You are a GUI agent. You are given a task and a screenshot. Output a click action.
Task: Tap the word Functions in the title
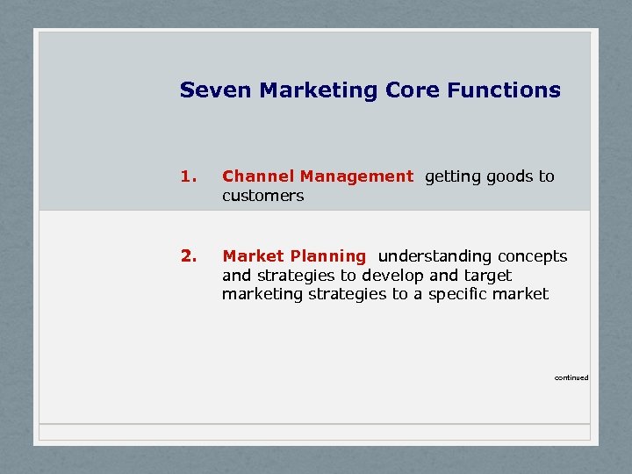(503, 90)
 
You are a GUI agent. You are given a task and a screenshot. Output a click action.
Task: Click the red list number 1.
(186, 176)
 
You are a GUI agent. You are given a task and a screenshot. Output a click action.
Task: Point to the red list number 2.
(187, 256)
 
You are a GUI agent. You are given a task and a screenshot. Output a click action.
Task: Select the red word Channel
(253, 176)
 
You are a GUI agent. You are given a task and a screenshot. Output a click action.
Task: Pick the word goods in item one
(508, 176)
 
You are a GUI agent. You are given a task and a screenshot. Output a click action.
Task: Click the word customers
(262, 196)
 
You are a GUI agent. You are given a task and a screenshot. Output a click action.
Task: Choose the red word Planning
(331, 256)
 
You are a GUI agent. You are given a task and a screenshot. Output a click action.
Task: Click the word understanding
(434, 256)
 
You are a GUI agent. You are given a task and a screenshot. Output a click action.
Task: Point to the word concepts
(532, 257)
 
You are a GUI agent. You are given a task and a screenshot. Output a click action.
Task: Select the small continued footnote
(571, 377)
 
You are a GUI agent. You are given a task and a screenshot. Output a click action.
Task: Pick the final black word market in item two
(524, 295)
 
